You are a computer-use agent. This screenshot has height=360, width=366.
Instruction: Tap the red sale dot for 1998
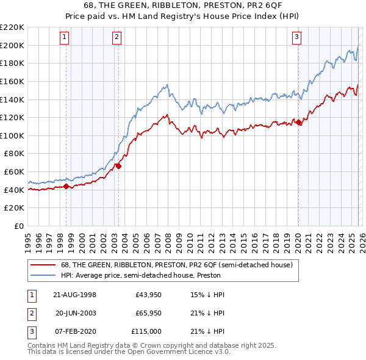66,186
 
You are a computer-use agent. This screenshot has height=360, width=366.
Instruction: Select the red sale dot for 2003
118,165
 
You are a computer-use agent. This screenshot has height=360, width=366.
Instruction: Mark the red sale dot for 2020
298,123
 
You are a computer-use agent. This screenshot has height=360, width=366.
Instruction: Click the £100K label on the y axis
12,135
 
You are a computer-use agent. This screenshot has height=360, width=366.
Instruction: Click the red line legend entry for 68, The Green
177,265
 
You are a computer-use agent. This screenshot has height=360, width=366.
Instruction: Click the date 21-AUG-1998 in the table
75,295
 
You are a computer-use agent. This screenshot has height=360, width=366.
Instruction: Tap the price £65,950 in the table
148,313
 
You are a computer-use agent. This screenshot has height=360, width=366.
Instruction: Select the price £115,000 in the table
146,331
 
